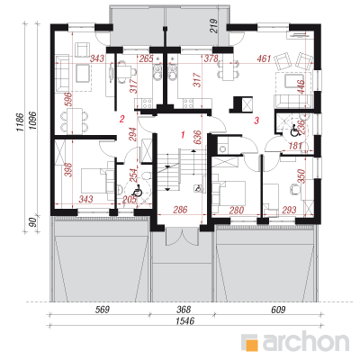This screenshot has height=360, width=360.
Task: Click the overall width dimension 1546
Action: (x=185, y=320)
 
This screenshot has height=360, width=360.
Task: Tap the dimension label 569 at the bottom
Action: (x=102, y=310)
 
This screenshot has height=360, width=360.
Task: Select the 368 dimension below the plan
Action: (x=184, y=310)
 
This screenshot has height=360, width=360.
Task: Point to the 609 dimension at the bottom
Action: (x=278, y=310)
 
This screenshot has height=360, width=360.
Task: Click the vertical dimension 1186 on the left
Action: (x=19, y=122)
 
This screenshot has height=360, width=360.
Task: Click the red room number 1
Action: (x=183, y=134)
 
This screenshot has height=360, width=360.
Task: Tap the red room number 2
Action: (x=121, y=119)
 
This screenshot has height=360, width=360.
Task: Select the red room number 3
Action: (x=256, y=121)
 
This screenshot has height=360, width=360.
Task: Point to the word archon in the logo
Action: (x=306, y=341)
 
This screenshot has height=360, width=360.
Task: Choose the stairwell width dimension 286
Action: (x=180, y=210)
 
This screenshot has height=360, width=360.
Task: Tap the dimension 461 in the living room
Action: (x=264, y=58)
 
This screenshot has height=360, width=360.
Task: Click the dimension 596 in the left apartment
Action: (x=69, y=99)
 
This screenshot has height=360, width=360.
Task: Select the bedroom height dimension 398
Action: (x=68, y=170)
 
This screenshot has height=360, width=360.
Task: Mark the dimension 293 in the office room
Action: (x=289, y=210)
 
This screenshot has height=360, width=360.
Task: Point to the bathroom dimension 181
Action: (x=295, y=146)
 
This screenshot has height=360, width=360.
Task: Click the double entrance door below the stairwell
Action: (x=181, y=236)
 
